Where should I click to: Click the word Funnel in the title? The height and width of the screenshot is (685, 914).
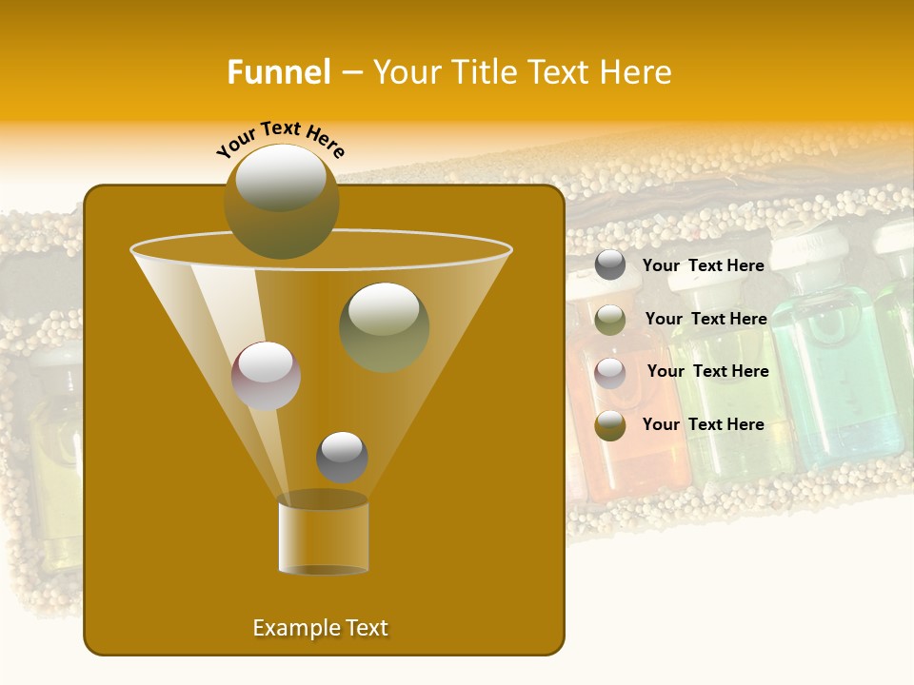pyautogui.click(x=278, y=72)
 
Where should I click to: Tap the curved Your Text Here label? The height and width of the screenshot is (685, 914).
pyautogui.click(x=281, y=140)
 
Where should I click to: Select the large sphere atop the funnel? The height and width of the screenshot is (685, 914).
pyautogui.click(x=281, y=201)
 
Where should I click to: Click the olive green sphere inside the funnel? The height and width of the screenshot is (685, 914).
pyautogui.click(x=384, y=327)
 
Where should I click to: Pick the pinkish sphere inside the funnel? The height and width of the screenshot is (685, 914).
pyautogui.click(x=266, y=376)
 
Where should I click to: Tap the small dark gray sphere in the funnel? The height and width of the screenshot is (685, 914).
pyautogui.click(x=342, y=458)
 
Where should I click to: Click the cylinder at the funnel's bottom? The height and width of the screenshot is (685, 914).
pyautogui.click(x=323, y=534)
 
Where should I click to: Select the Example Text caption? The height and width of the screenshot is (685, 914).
pyautogui.click(x=320, y=628)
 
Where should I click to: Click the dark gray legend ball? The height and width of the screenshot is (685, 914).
pyautogui.click(x=610, y=265)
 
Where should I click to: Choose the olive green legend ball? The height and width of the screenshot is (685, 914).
pyautogui.click(x=610, y=320)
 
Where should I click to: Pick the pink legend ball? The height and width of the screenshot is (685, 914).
pyautogui.click(x=610, y=372)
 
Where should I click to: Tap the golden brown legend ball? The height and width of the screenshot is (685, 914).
pyautogui.click(x=610, y=425)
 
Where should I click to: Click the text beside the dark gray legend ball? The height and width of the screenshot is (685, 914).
pyautogui.click(x=703, y=266)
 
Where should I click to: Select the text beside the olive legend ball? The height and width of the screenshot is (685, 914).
pyautogui.click(x=705, y=320)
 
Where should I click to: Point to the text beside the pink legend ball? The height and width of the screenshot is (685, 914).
pyautogui.click(x=707, y=372)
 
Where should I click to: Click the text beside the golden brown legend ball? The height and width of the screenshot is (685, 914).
pyautogui.click(x=703, y=425)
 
